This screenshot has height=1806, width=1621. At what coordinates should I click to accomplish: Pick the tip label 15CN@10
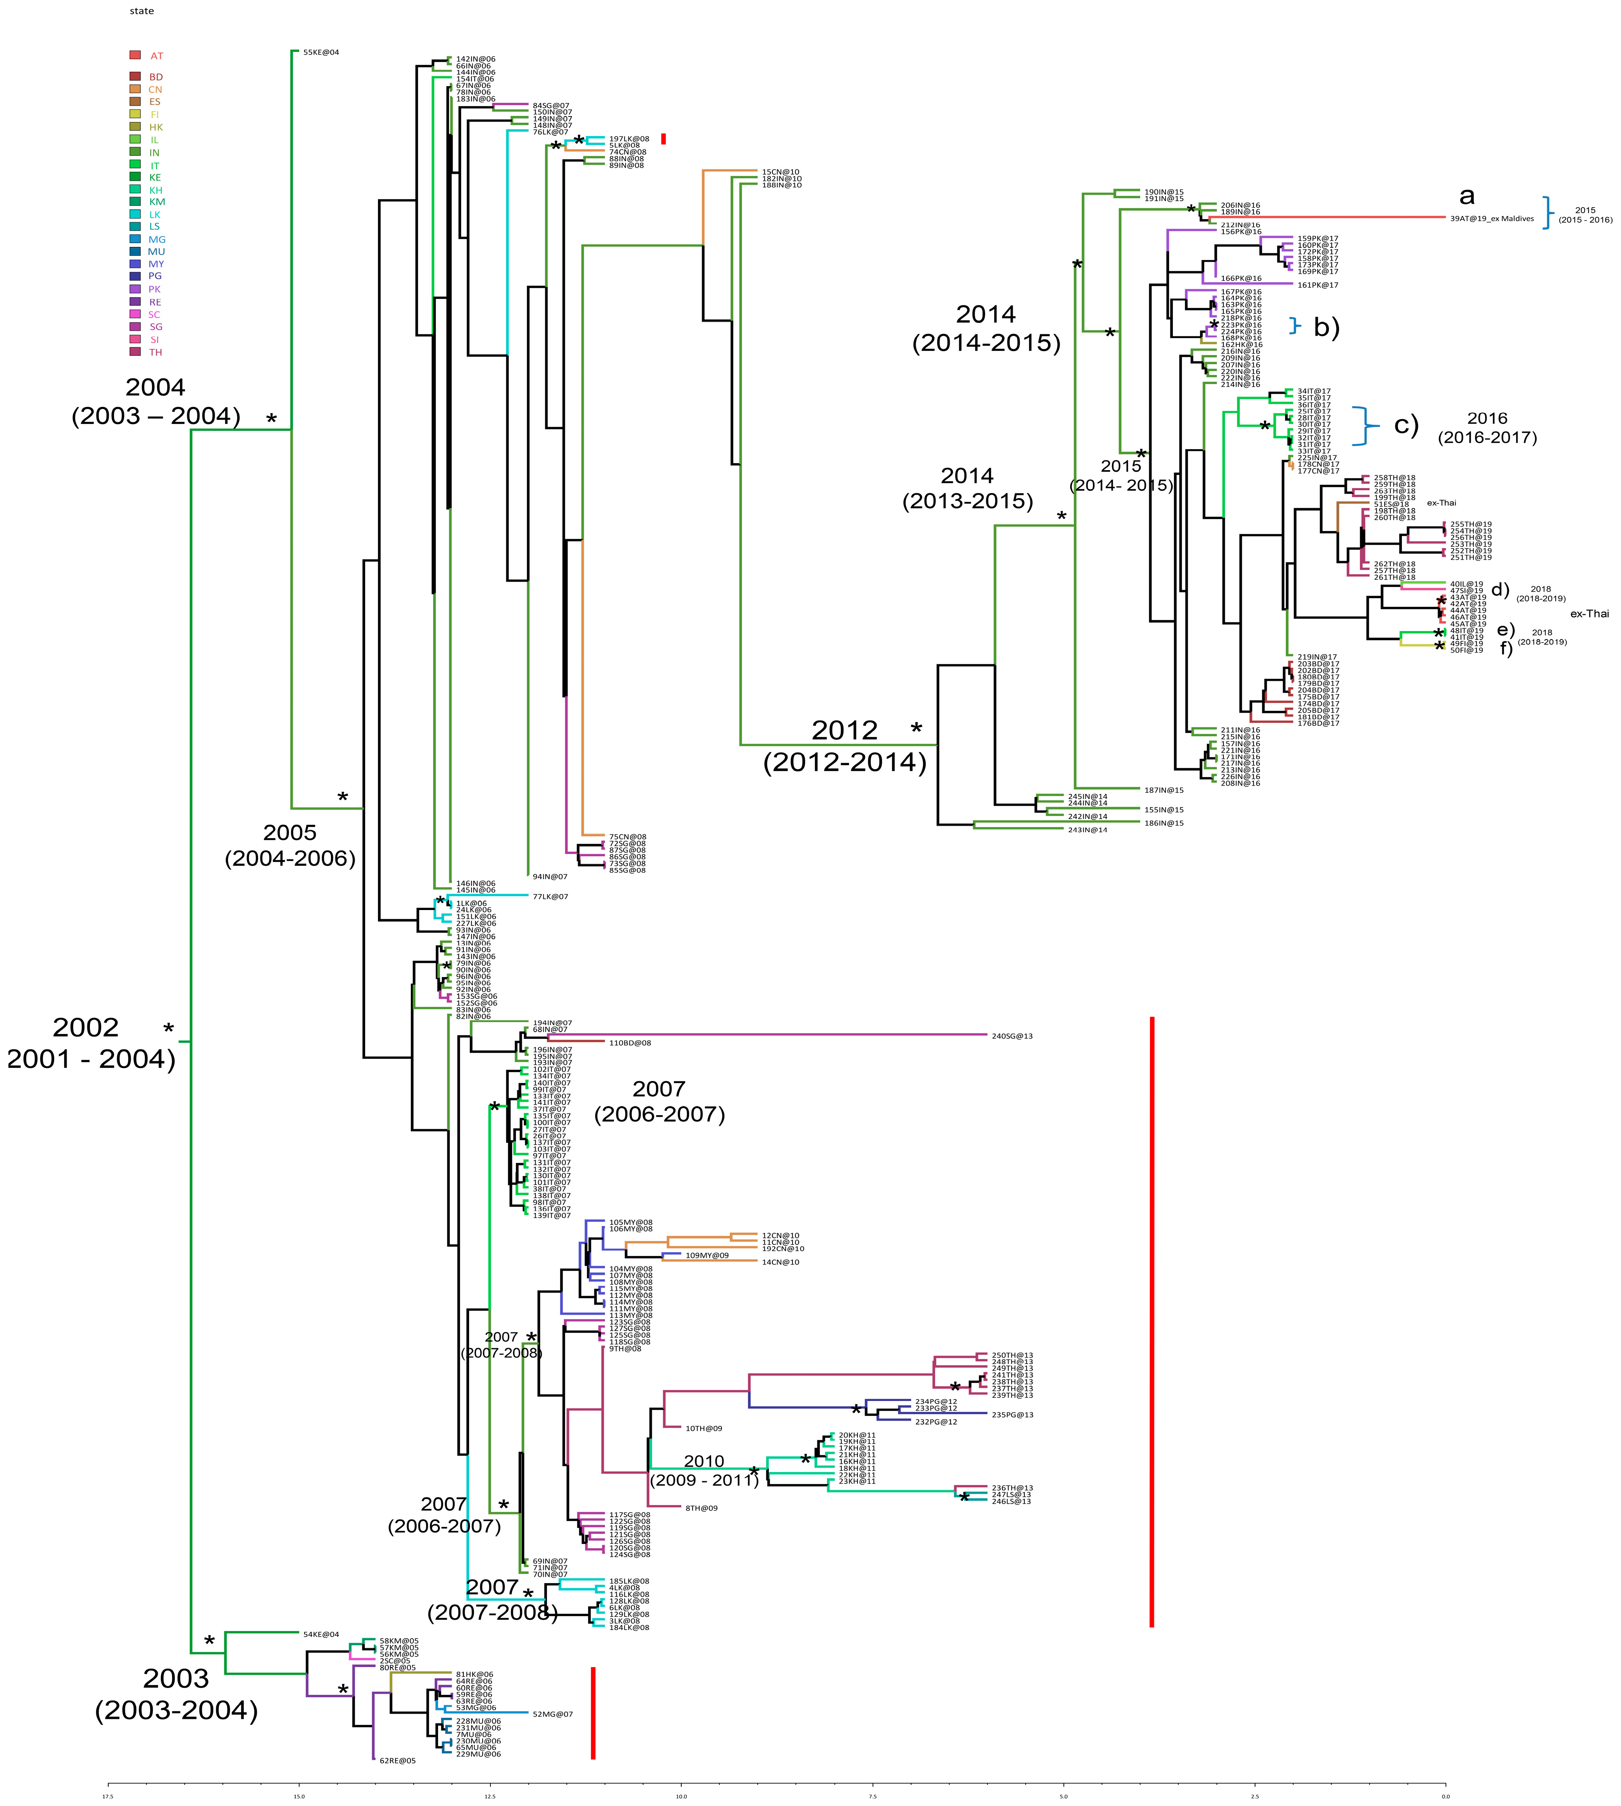pos(780,172)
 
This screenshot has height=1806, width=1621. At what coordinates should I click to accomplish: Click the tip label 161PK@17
pos(1317,285)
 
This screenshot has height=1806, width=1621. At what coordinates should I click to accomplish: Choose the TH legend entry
pos(155,352)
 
